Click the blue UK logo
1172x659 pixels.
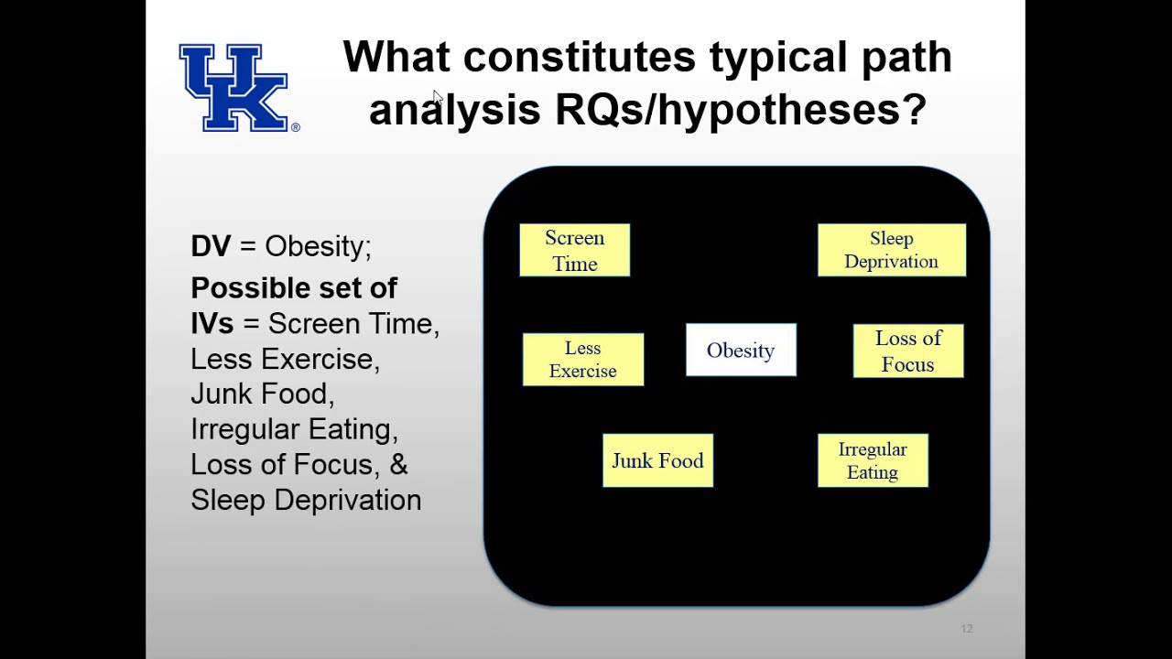[x=234, y=88]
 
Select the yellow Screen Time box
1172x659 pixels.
[x=574, y=250]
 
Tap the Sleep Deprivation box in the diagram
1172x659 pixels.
[x=891, y=250]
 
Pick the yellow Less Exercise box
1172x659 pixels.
[x=582, y=360]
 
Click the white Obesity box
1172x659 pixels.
[x=741, y=351]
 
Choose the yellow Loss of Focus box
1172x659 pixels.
[x=907, y=351]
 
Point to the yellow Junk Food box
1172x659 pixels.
[x=657, y=460]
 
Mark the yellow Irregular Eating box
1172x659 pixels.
[x=872, y=460]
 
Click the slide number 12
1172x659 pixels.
[x=966, y=629]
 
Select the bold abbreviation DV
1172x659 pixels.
[x=211, y=246]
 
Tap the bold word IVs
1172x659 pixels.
[x=212, y=324]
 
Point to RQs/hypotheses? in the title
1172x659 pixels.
[x=740, y=110]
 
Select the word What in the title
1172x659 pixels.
[x=396, y=58]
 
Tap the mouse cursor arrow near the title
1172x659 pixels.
[x=438, y=98]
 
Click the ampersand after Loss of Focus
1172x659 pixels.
[x=398, y=464]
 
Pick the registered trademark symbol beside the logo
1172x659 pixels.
[x=295, y=127]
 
